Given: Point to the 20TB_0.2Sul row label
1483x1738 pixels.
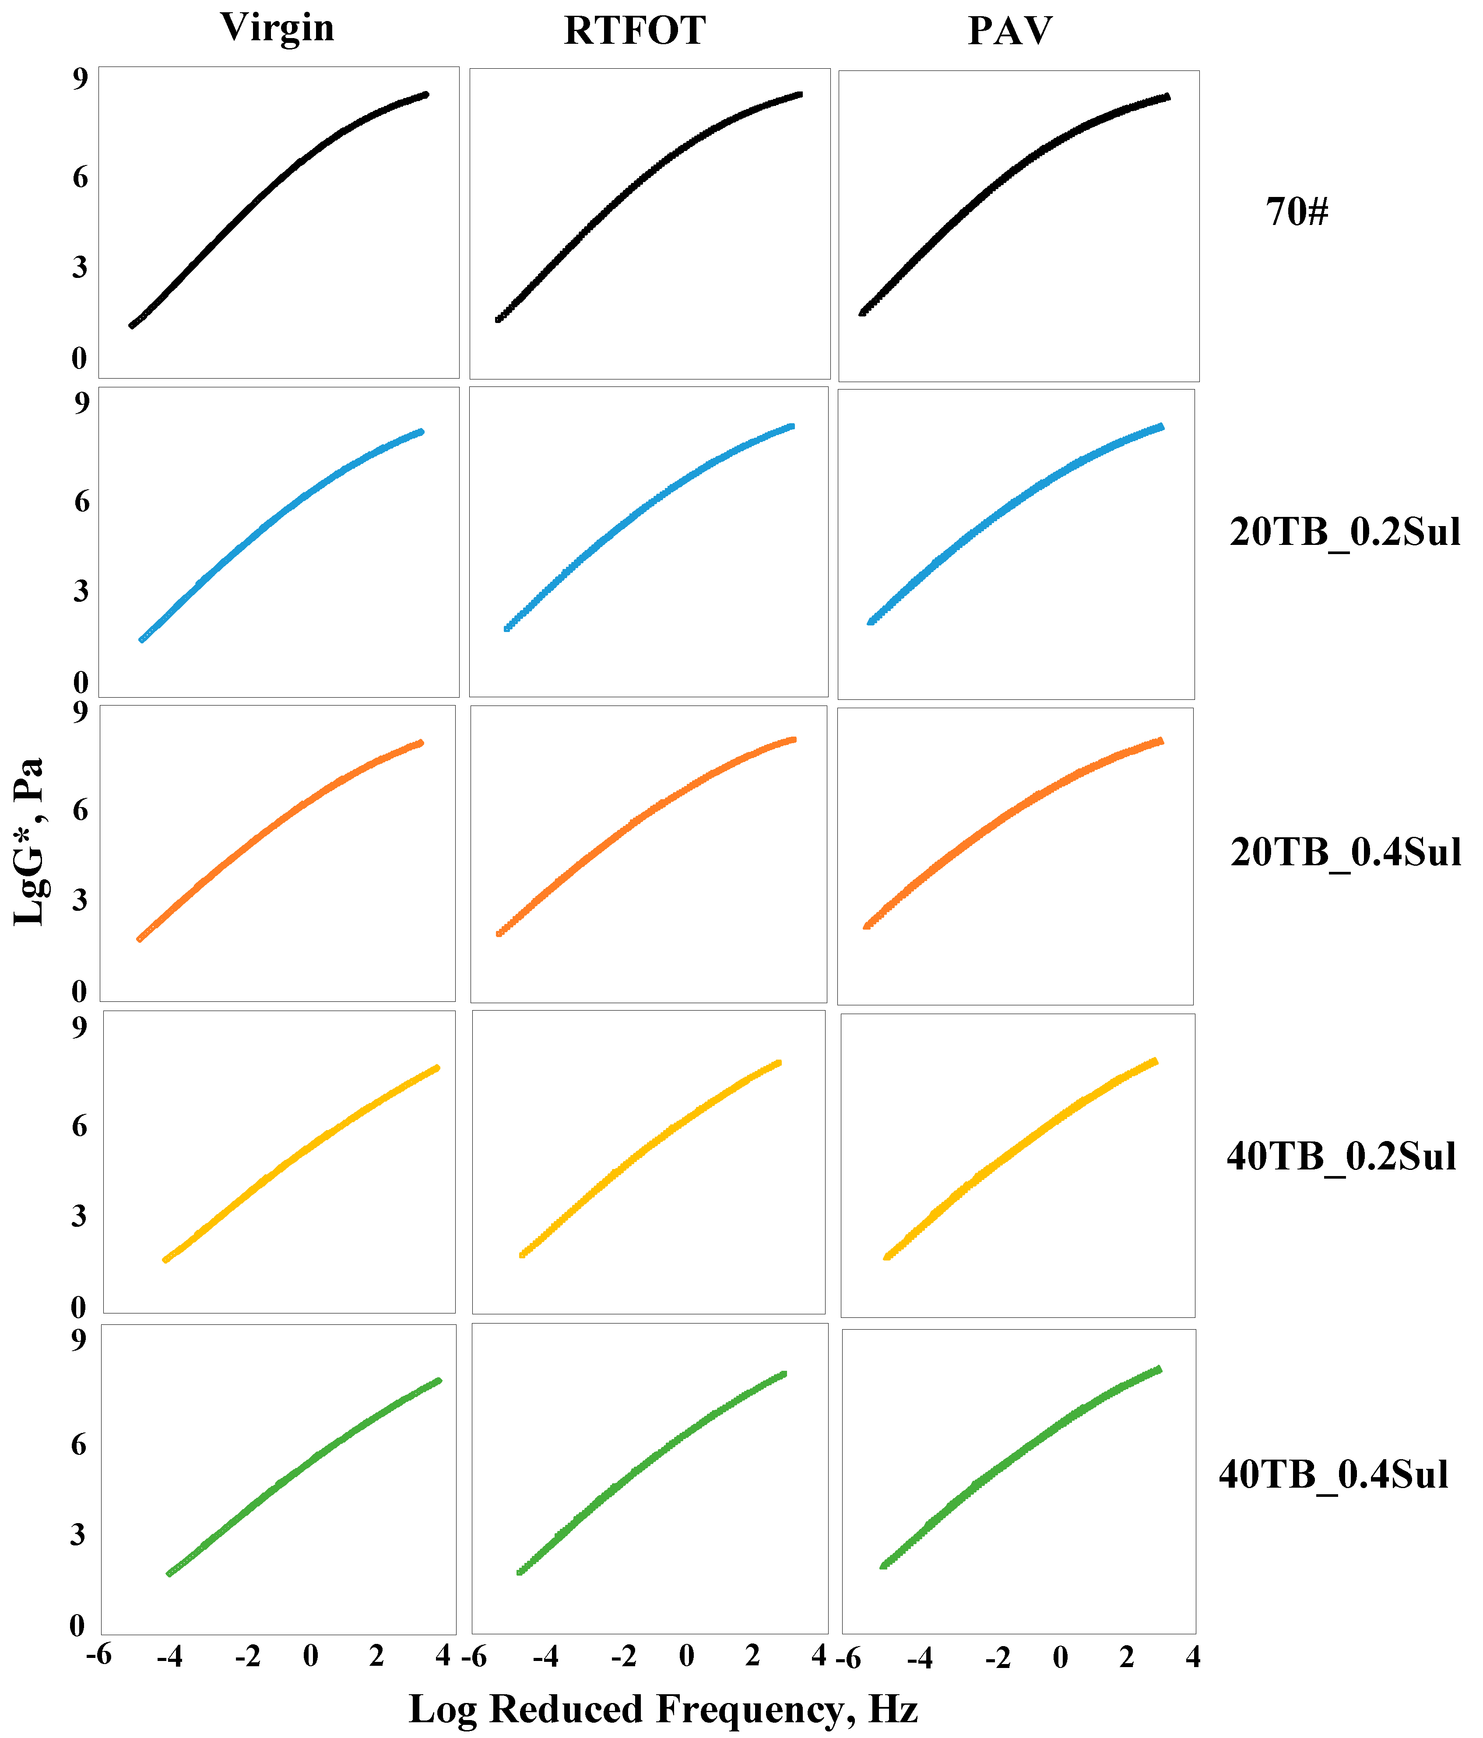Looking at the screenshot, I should (1345, 533).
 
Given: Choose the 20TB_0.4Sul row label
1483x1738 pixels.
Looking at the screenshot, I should (1346, 852).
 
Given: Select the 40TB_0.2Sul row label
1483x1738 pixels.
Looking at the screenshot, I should (1341, 1157).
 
